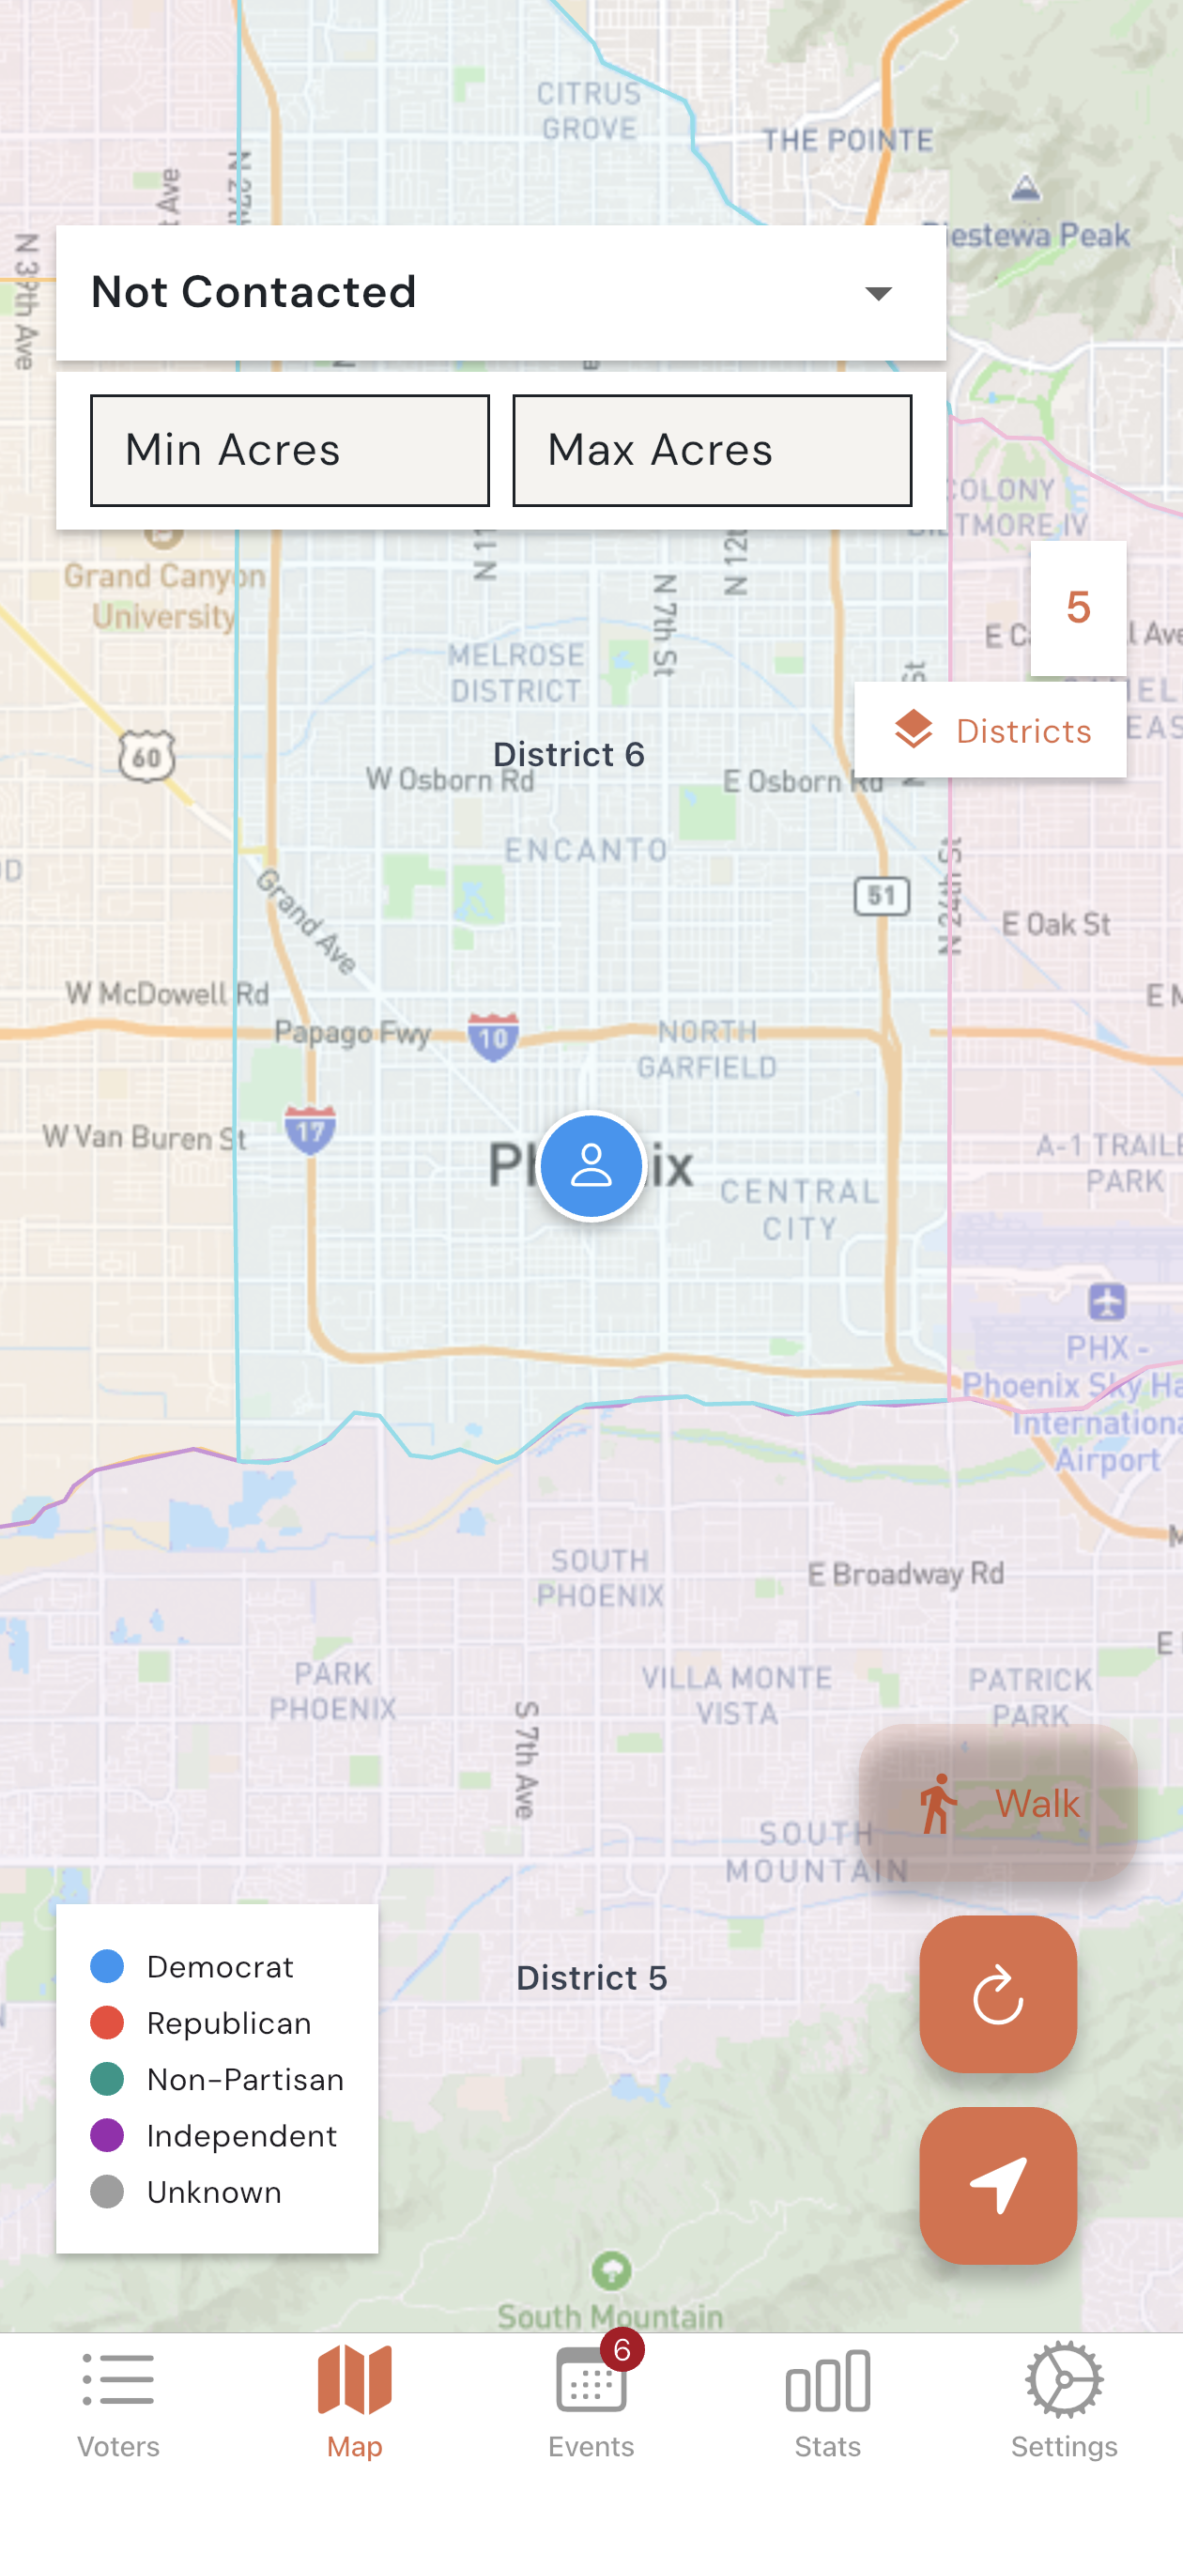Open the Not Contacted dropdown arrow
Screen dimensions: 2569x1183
pos(878,293)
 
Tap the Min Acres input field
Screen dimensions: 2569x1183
pos(289,451)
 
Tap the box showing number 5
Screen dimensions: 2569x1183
pos(1077,608)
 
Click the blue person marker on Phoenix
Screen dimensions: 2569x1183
pos(591,1166)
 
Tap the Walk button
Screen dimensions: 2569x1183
pos(997,1802)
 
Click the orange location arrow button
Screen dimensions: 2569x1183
pos(997,2185)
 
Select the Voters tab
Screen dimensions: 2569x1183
pos(117,2404)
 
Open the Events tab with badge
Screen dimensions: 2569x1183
pos(591,2404)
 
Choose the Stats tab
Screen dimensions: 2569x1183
pos(827,2404)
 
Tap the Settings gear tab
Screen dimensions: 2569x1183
pos(1064,2404)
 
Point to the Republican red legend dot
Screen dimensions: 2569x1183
pos(107,2023)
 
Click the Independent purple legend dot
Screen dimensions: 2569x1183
pos(107,2135)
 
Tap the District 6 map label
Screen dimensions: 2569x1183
pos(569,755)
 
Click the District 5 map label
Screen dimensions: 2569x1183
pos(591,1977)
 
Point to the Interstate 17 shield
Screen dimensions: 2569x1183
pos(310,1129)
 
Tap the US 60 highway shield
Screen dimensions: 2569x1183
pos(146,756)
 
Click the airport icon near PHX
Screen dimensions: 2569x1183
pos(1107,1300)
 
